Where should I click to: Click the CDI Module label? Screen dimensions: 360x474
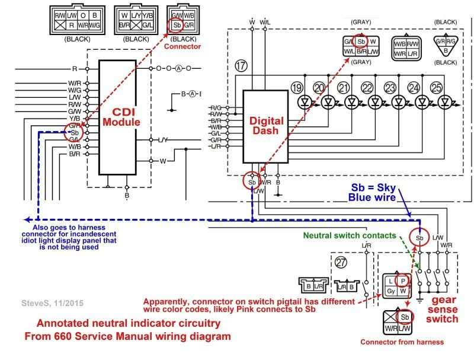point(121,117)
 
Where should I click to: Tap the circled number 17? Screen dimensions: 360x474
point(241,66)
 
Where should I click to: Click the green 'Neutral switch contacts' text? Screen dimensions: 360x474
point(349,235)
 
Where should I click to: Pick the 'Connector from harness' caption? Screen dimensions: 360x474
point(402,342)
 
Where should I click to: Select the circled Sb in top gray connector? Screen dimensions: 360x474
point(360,42)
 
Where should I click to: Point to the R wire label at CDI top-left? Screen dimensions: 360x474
point(75,69)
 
